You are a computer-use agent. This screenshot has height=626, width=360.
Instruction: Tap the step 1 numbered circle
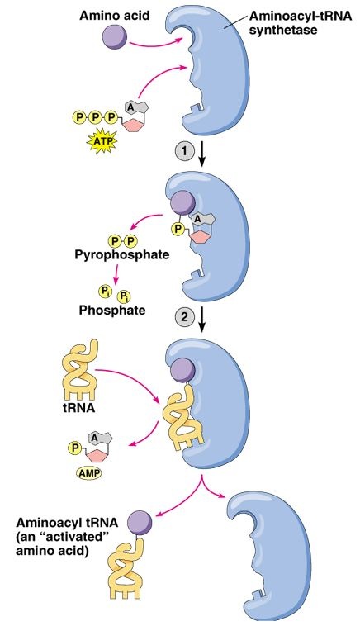pos(184,151)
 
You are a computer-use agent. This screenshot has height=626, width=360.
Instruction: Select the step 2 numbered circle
pos(184,317)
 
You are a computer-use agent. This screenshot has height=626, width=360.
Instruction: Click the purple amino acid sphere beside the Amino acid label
pos(115,37)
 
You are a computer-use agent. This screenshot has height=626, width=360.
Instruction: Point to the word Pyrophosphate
pos(121,254)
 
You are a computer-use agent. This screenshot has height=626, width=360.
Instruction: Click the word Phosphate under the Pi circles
pos(112,310)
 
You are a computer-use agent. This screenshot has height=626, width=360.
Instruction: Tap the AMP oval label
pos(88,472)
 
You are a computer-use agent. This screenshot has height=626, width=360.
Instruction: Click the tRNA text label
pos(78,409)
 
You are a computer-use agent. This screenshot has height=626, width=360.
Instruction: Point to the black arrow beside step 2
pos(202,319)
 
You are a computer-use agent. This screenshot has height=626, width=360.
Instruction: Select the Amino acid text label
pos(115,16)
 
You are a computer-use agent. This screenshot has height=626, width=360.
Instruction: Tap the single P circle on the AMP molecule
pos(74,448)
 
